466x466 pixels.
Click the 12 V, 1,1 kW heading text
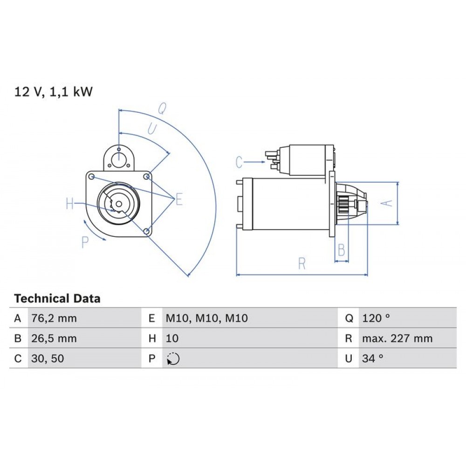point(54,92)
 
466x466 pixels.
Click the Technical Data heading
point(57,299)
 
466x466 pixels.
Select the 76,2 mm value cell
point(54,319)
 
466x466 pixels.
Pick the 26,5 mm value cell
point(54,339)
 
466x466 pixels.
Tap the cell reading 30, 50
point(46,359)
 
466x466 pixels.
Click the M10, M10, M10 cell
point(207,319)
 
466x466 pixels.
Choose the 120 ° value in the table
point(376,319)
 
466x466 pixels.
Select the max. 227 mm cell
point(397,339)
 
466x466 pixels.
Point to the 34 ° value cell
point(372,359)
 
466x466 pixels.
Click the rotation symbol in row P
point(173,359)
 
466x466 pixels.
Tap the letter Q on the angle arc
point(162,109)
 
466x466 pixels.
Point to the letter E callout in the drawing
point(179,200)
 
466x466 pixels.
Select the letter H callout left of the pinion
point(70,204)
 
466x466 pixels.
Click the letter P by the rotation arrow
point(85,242)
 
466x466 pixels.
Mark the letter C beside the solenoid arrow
point(239,163)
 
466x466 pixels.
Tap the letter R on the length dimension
point(302,264)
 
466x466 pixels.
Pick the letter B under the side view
point(341,250)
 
